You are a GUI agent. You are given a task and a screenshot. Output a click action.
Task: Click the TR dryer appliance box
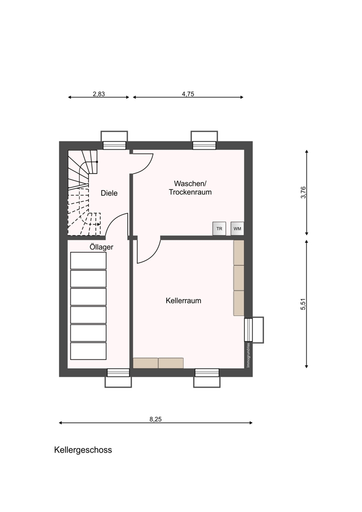[219, 228]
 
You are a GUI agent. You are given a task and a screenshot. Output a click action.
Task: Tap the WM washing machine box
[237, 228]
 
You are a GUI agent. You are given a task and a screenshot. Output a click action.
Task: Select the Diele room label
[109, 193]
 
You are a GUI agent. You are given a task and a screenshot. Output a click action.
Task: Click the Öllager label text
[102, 247]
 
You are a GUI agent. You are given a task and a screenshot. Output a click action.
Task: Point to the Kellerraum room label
[184, 301]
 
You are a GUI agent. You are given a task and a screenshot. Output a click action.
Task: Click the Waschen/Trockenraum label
[190, 188]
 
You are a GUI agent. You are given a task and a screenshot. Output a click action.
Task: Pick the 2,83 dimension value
[99, 94]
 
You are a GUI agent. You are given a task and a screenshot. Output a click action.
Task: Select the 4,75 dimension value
[188, 94]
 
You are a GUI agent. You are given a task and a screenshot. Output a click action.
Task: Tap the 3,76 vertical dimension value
[304, 193]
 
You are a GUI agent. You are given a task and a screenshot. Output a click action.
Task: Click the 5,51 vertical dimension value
[304, 304]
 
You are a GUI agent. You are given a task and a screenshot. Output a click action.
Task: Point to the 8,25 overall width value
[156, 419]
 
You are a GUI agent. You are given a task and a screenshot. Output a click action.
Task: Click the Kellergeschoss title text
[83, 450]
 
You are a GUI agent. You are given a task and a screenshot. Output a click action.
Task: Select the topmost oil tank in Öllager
[88, 261]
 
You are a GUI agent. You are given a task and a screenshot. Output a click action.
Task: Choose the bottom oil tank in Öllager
[88, 351]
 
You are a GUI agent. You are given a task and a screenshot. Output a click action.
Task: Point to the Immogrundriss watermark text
[248, 355]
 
